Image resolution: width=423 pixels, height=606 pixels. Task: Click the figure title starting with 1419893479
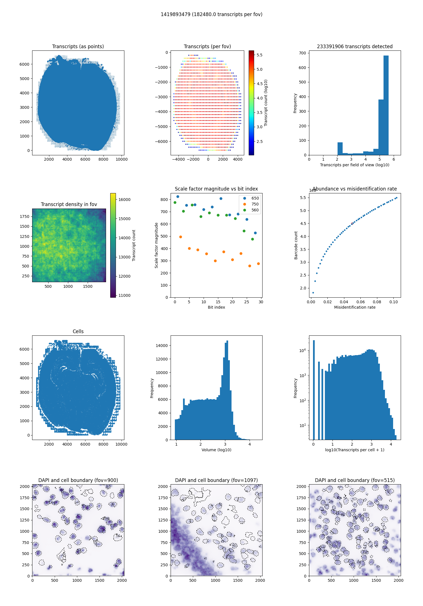click(x=211, y=14)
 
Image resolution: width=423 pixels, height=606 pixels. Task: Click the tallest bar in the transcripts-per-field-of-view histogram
click(x=386, y=105)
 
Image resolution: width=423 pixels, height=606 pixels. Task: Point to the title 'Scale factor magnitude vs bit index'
click(x=216, y=189)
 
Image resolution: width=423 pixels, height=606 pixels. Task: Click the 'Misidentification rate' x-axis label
click(x=355, y=307)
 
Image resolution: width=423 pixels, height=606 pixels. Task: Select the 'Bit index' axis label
click(x=216, y=307)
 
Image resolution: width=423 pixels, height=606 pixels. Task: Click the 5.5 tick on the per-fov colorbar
click(x=259, y=55)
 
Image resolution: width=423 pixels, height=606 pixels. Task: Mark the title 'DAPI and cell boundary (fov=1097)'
click(x=216, y=480)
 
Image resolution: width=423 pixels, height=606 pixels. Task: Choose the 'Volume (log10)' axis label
click(x=216, y=450)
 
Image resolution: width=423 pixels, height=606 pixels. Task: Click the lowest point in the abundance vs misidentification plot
click(x=313, y=293)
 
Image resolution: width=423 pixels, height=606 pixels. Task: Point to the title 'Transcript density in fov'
click(x=69, y=204)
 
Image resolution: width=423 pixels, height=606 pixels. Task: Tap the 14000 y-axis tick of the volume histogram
click(x=162, y=346)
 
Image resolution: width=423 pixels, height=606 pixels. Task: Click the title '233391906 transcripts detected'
click(x=355, y=47)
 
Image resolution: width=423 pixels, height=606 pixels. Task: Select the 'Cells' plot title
click(x=78, y=331)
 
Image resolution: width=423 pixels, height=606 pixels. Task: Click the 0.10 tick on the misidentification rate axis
click(x=394, y=302)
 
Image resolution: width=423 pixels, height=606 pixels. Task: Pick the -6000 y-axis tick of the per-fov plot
click(x=162, y=141)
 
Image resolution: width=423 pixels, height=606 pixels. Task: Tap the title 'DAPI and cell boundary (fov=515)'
click(x=355, y=480)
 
